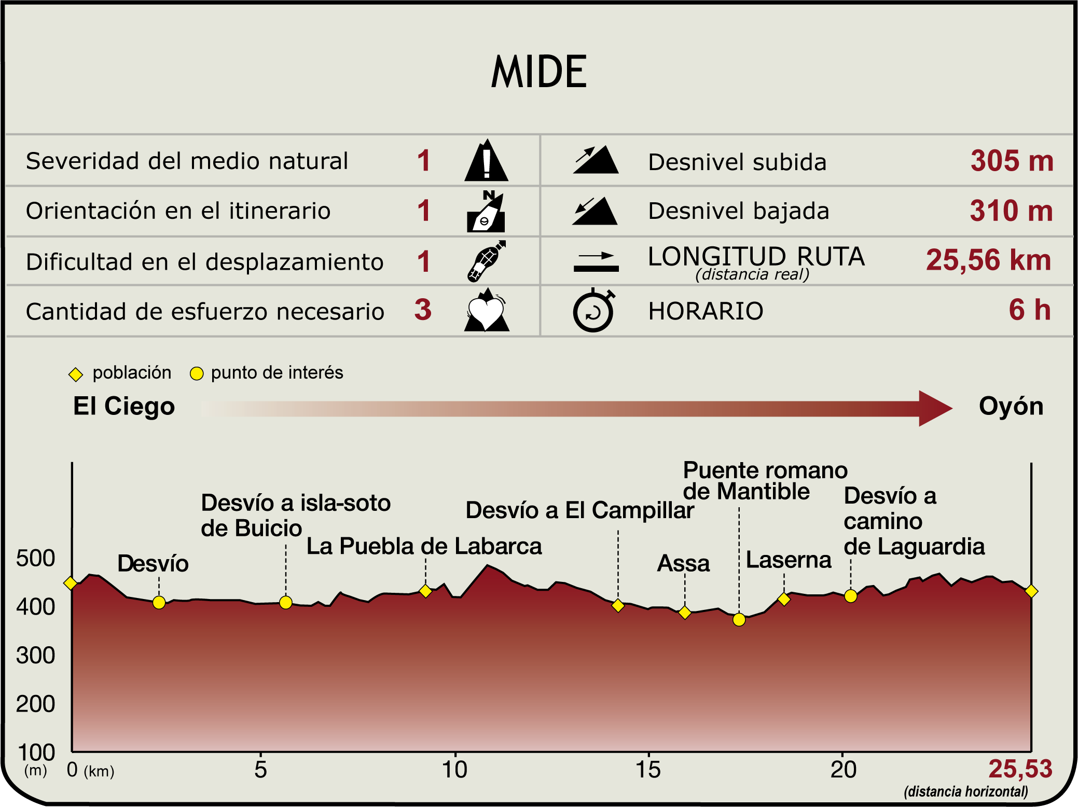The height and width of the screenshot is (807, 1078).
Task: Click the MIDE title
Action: [539, 72]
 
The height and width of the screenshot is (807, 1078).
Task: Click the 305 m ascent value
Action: [1012, 161]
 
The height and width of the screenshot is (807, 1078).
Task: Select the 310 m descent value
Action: [1011, 211]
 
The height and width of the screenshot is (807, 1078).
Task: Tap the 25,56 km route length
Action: [988, 260]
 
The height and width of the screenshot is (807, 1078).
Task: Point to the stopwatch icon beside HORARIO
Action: [593, 311]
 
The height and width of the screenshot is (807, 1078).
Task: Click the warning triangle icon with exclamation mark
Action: [486, 161]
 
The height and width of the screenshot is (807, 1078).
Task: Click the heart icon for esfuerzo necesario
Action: [486, 311]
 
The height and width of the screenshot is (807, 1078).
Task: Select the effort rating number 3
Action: [423, 310]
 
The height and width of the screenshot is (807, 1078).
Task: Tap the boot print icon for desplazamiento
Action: [486, 261]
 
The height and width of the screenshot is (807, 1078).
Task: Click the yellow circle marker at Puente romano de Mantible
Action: [739, 619]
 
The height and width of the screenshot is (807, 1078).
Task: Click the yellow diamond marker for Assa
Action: [685, 613]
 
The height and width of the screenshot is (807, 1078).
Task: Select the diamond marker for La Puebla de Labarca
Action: [425, 591]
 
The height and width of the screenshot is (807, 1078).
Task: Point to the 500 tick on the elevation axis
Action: [35, 558]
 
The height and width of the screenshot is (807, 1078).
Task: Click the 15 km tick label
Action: [648, 770]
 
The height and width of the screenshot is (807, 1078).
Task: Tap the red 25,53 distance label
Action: [1020, 769]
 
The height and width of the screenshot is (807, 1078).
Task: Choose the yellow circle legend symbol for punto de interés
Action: [197, 373]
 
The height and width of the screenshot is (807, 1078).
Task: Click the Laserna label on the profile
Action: [788, 560]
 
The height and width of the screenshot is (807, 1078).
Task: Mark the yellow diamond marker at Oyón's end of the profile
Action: [1031, 591]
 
